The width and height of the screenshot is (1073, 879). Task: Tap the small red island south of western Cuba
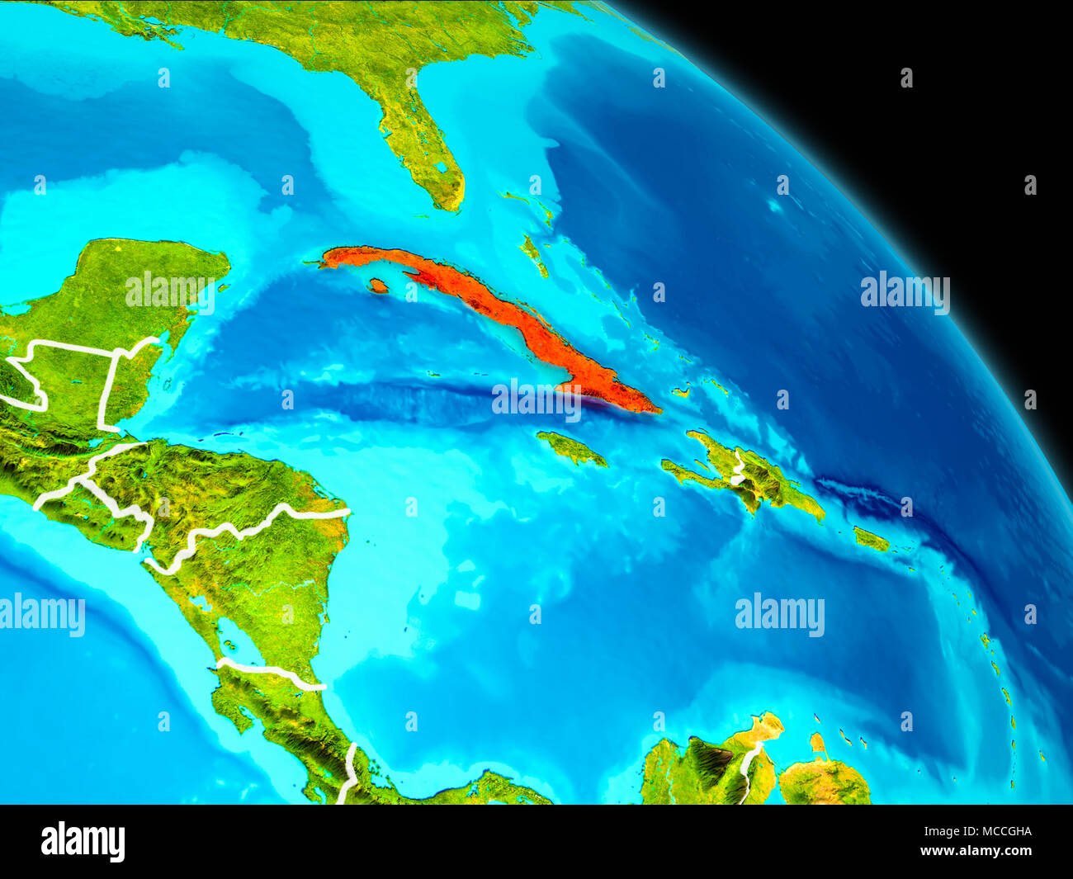[x=378, y=286]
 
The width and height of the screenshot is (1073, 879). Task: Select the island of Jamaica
[x=571, y=448]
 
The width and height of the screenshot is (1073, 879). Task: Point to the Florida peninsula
[x=421, y=140]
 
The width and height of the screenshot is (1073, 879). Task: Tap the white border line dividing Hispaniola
[x=738, y=469]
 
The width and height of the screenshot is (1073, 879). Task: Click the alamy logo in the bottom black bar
[x=83, y=841]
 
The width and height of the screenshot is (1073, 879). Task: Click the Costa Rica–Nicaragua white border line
[x=272, y=673]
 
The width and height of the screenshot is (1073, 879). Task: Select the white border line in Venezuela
[x=749, y=768]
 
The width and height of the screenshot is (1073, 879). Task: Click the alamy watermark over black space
[x=905, y=292]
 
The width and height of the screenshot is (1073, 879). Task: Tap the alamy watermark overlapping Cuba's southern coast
[x=536, y=399]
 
